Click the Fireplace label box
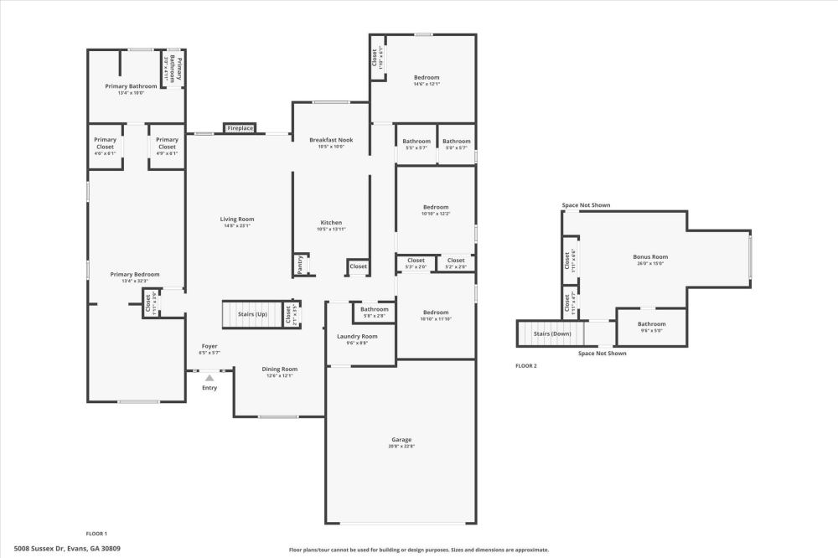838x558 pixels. pos(240,128)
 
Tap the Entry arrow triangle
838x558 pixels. pos(209,378)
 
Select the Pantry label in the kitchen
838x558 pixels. pos(300,265)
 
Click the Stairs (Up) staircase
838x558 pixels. pos(251,315)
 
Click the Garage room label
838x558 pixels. pos(401,439)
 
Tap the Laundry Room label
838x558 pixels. pos(357,336)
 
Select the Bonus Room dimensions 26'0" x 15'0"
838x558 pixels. pos(650,264)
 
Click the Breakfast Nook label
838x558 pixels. pos(331,140)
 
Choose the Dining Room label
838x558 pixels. pos(278,369)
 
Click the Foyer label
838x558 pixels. pos(209,346)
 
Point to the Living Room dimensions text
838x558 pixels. pos(238,226)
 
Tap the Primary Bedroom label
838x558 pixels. pos(135,274)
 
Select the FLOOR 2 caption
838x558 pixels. pos(526,366)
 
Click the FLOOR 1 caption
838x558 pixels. pos(96,533)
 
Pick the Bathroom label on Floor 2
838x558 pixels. pos(651,323)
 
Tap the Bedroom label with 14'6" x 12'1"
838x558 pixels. pos(426,77)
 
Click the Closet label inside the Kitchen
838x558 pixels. pos(358,266)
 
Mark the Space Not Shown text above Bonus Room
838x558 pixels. pos(586,204)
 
